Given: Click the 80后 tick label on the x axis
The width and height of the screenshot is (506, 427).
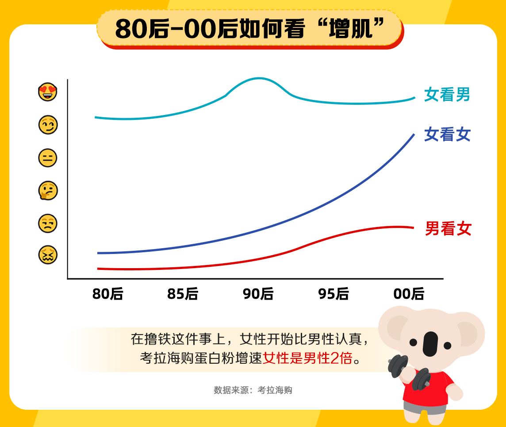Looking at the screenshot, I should click(107, 294).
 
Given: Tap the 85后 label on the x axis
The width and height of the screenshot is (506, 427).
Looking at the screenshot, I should click(183, 294).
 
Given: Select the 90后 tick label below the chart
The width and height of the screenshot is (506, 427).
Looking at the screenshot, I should click(258, 294).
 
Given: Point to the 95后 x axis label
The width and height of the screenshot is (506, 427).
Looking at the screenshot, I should click(333, 294).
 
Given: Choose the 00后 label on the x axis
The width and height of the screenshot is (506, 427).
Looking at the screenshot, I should click(409, 294).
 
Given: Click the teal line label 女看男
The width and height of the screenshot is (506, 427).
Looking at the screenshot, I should click(447, 94).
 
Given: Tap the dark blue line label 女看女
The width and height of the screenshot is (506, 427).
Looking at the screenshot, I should click(447, 134).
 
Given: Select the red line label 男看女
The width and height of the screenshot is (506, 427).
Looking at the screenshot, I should click(448, 229).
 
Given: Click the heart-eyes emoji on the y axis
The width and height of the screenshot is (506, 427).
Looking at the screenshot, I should click(48, 92).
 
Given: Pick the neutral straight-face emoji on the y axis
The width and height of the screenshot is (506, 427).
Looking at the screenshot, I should click(48, 158).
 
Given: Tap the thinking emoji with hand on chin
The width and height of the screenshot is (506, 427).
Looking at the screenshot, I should click(48, 191).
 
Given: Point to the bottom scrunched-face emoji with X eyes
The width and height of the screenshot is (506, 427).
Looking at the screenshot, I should click(48, 255).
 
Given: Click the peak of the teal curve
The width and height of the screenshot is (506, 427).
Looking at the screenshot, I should click(259, 78).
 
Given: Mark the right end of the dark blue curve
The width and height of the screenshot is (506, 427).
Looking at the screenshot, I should click(414, 134).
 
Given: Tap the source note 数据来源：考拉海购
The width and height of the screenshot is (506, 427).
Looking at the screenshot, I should click(253, 390).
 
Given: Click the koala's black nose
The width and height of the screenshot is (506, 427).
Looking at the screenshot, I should click(430, 343).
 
